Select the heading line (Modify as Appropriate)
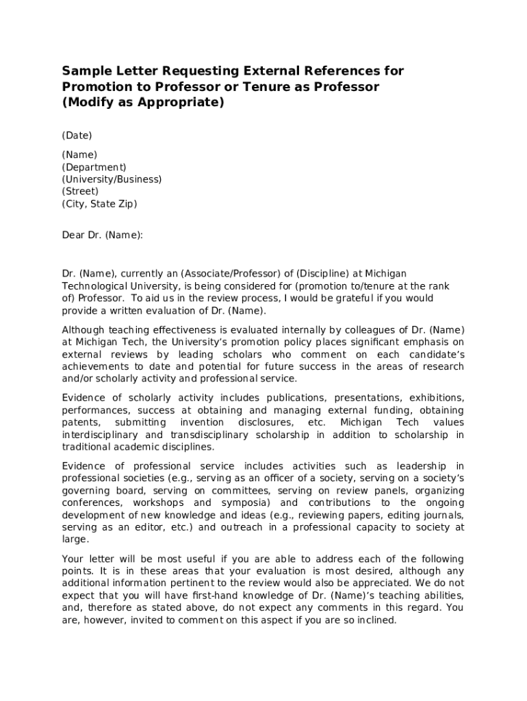click(x=143, y=103)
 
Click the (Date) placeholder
click(x=77, y=136)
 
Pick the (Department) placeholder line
click(x=94, y=167)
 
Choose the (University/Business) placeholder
click(x=112, y=179)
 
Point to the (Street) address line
click(x=80, y=192)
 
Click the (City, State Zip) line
click(x=99, y=204)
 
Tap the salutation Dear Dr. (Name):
click(x=103, y=235)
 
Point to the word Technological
click(x=94, y=286)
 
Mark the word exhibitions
click(x=437, y=398)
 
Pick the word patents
click(x=81, y=422)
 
